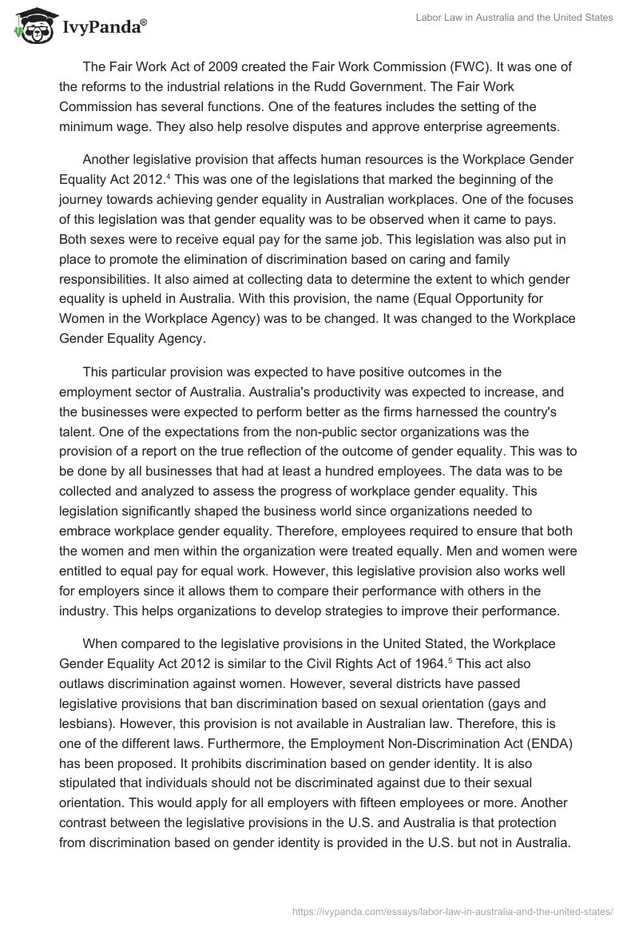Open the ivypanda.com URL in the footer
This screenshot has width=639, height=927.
[x=452, y=910]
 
